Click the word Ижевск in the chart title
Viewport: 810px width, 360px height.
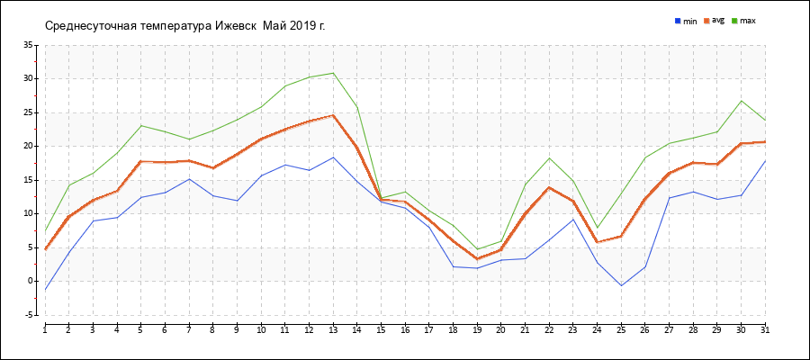tap(237, 25)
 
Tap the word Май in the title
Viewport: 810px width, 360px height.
tap(275, 25)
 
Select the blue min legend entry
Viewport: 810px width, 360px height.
tap(686, 21)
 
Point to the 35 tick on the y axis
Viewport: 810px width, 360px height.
tap(28, 45)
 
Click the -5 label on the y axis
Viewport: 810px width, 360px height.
tap(28, 315)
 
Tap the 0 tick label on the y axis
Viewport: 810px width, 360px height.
tap(31, 281)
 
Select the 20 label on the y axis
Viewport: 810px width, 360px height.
tap(28, 146)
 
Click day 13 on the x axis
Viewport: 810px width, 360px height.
tap(333, 331)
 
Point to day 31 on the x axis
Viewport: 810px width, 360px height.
tap(765, 331)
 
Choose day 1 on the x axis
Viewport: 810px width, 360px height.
tap(45, 331)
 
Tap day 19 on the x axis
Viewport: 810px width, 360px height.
tap(477, 331)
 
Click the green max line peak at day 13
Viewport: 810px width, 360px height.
tap(333, 73)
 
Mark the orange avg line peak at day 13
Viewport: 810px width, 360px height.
tap(333, 115)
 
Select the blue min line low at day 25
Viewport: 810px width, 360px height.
tap(621, 286)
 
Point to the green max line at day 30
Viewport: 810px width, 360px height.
tap(741, 101)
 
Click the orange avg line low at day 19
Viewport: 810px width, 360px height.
tap(477, 259)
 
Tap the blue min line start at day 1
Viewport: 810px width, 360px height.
tap(45, 290)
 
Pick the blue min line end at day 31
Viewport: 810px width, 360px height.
tap(765, 161)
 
